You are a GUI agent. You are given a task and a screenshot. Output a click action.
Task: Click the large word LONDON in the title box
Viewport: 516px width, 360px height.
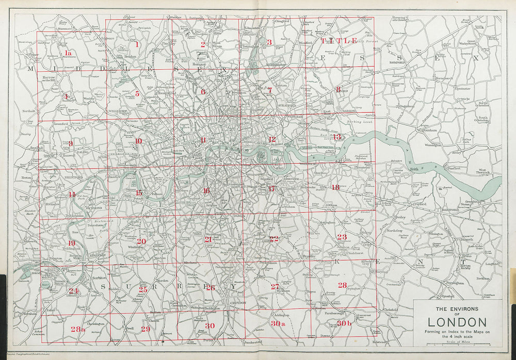457,322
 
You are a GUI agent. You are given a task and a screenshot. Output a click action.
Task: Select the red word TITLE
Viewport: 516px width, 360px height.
339,40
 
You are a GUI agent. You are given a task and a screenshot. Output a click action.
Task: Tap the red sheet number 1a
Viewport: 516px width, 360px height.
67,53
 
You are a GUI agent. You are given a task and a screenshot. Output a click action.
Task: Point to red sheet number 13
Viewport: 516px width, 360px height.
336,137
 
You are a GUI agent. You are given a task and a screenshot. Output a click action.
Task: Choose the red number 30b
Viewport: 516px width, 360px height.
344,323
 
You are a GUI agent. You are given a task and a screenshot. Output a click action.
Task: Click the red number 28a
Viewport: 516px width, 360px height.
78,329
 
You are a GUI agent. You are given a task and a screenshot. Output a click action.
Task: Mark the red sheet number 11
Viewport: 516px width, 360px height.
204,140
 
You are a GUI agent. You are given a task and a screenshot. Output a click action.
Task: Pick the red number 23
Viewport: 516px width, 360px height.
342,237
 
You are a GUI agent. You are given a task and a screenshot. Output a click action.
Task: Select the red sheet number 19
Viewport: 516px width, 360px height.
71,243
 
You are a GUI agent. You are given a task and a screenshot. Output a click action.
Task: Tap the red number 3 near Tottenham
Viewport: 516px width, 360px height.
269,42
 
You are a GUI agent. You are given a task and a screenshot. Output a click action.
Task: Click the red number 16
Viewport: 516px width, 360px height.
206,190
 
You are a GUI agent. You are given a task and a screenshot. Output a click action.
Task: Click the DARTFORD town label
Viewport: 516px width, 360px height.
450,210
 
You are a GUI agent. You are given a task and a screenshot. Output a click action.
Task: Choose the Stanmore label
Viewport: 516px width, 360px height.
65,29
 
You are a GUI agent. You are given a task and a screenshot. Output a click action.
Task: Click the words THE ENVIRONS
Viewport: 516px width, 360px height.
457,309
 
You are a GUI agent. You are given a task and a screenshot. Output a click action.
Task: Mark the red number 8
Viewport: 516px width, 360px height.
338,89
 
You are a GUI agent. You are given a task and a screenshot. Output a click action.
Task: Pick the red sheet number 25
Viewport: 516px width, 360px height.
143,289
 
